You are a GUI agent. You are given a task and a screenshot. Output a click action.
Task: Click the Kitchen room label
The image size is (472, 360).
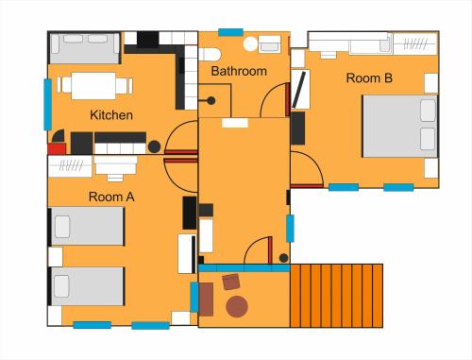tap(111, 115)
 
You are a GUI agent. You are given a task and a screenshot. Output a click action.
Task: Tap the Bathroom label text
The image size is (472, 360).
tap(239, 71)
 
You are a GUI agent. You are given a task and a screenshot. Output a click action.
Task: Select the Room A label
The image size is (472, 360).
tap(111, 197)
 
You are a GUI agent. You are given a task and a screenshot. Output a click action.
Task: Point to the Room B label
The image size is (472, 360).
tap(369, 78)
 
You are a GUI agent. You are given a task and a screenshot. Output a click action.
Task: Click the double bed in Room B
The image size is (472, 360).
tap(400, 126)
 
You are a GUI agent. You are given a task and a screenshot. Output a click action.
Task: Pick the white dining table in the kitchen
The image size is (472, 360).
tap(93, 86)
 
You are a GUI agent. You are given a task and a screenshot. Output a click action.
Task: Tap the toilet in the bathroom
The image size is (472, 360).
tap(210, 55)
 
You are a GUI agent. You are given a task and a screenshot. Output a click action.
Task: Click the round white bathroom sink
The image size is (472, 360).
tap(250, 44)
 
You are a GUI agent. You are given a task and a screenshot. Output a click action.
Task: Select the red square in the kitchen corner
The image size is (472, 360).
tap(57, 148)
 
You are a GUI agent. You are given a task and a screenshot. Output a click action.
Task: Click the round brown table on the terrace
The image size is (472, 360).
tap(237, 306)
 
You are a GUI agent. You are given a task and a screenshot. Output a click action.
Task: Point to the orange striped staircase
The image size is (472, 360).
tap(336, 296)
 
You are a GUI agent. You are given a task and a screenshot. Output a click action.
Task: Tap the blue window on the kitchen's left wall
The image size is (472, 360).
tap(47, 104)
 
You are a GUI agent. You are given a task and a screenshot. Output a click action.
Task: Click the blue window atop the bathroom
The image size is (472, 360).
tap(230, 32)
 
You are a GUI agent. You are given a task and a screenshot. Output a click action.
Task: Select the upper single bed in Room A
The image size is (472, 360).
tap(87, 226)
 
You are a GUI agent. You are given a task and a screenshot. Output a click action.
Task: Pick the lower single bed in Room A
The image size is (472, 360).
tap(87, 286)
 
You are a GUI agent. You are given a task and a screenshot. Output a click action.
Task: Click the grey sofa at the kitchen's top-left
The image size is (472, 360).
tap(85, 48)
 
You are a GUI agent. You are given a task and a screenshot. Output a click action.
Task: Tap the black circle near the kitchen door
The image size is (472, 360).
tap(154, 146)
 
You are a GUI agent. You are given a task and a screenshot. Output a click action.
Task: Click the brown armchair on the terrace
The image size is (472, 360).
tap(231, 282)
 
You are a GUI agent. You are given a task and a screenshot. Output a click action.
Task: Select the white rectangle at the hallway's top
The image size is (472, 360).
tap(235, 123)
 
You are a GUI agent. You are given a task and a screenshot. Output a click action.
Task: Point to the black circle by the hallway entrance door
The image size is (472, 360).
tap(283, 258)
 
